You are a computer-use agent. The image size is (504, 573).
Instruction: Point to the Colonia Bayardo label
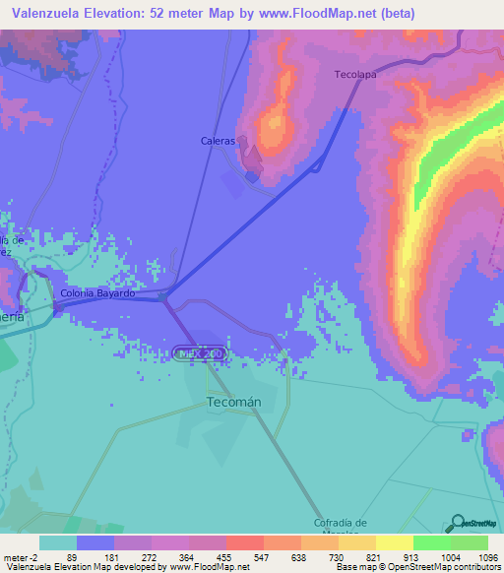pyautogui.click(x=96, y=293)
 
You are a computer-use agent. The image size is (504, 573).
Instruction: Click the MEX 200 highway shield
pyautogui.click(x=200, y=351)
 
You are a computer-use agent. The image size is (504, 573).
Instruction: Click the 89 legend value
pyautogui.click(x=71, y=557)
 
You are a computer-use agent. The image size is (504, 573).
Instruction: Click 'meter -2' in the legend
pyautogui.click(x=21, y=557)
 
